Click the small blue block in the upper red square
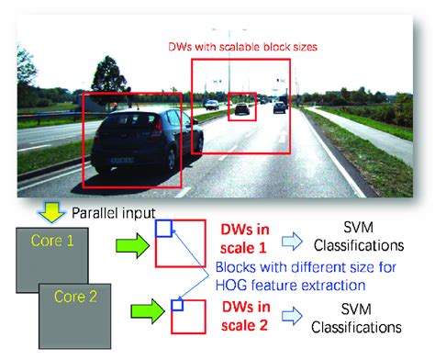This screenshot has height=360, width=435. point(163,228)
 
